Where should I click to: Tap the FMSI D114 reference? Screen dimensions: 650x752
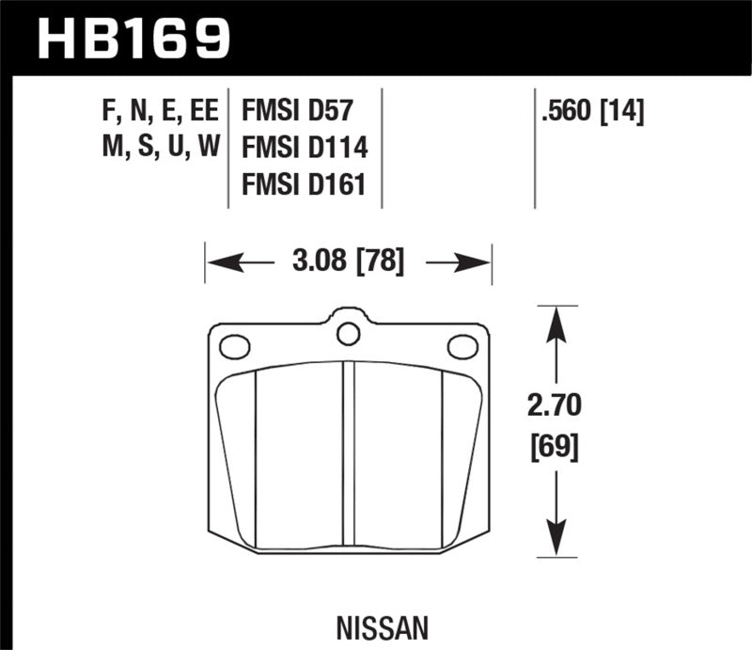coord(299,149)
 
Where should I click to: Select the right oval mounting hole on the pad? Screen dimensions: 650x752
coord(462,347)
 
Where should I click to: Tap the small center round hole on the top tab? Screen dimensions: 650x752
coord(349,333)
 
